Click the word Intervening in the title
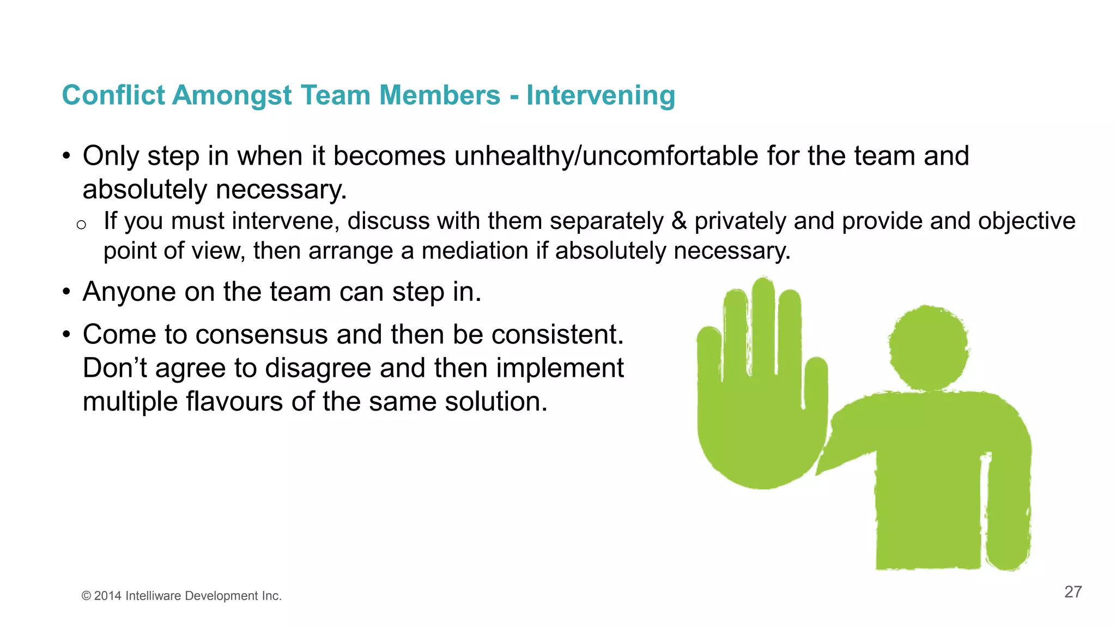point(601,95)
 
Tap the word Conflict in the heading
point(113,95)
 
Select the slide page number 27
point(1072,592)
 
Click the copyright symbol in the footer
point(86,596)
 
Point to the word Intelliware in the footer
point(153,596)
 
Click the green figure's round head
point(928,347)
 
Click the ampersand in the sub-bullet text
point(679,221)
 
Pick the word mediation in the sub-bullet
point(475,251)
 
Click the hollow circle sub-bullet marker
point(81,225)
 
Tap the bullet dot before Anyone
point(66,292)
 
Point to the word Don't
point(115,369)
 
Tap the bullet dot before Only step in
point(66,156)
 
